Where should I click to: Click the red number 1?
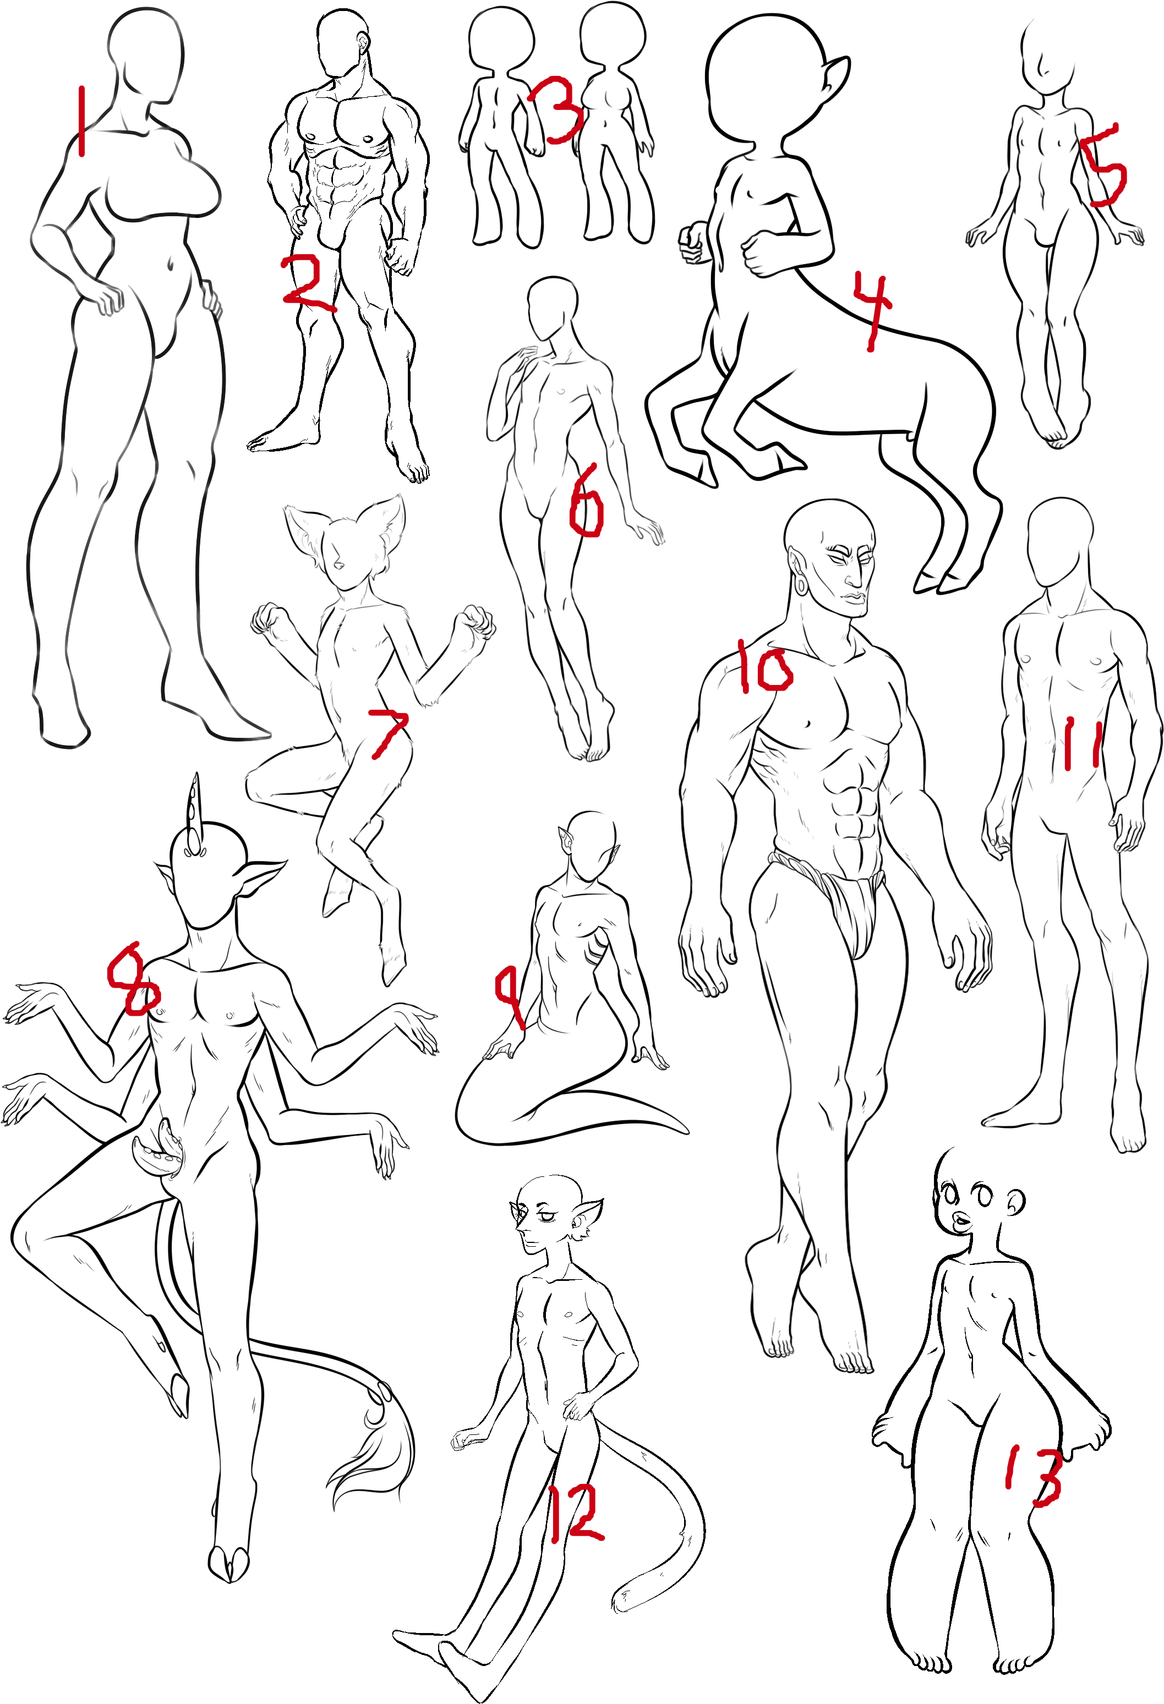[81, 121]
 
